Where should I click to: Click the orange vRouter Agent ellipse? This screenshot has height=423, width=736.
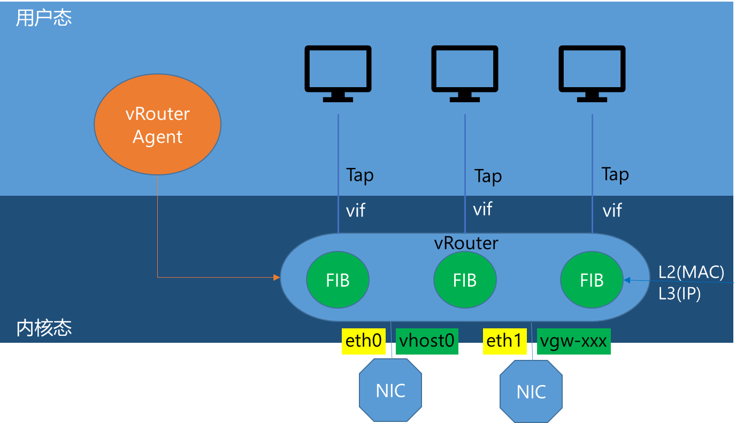(157, 125)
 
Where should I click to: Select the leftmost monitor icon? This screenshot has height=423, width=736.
(338, 73)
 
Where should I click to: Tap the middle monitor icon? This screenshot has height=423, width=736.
(465, 73)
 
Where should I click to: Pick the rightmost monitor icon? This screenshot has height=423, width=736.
(592, 73)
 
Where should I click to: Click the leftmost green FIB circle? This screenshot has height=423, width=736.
(338, 280)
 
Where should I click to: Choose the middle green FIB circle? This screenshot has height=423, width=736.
(465, 280)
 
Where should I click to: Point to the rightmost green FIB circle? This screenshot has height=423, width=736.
(592, 280)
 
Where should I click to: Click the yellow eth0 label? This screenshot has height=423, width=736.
(364, 341)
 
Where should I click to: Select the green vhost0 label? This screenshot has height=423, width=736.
(427, 341)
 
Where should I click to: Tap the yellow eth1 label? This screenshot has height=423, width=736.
(505, 341)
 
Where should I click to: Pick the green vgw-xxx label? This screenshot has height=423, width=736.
(573, 341)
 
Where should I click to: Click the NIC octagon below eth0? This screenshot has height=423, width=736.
(390, 390)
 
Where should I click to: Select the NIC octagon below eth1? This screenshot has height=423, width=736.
(531, 391)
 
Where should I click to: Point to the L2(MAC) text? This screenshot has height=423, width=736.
(691, 272)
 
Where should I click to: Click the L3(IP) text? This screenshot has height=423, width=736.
(679, 294)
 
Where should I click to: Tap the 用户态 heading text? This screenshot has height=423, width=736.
(44, 18)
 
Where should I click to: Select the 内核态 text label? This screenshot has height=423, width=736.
(44, 327)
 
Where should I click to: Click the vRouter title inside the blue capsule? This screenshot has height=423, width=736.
(465, 243)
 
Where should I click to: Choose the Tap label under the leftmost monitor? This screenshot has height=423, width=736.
(359, 175)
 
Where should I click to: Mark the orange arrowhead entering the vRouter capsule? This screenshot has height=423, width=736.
(277, 277)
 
